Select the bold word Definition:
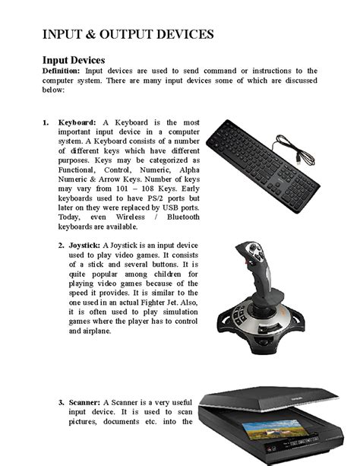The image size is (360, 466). coord(62,71)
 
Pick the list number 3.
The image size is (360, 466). coord(62,402)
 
